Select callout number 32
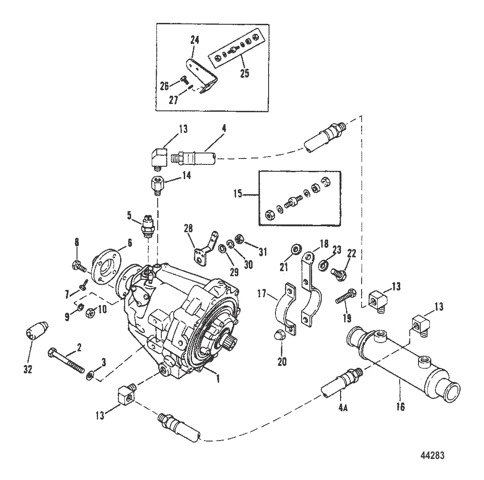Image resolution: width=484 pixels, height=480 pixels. (28, 369)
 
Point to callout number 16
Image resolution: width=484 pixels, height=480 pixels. (401, 407)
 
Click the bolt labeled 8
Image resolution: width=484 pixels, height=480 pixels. (77, 264)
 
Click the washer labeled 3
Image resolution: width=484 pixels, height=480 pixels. (91, 376)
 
